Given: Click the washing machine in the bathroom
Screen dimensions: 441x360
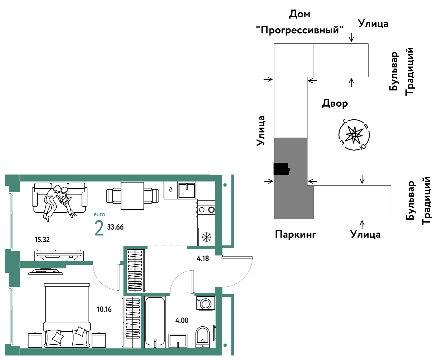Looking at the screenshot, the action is (205, 303).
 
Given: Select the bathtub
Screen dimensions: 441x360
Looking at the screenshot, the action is (155, 322).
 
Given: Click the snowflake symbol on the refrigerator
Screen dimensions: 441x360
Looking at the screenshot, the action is (206, 237).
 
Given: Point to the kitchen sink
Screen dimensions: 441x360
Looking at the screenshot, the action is (186, 190).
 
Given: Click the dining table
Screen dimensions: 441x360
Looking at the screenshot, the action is (132, 196).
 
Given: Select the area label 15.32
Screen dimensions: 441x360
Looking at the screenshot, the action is (42, 240).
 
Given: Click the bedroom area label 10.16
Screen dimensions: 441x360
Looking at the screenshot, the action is (104, 309).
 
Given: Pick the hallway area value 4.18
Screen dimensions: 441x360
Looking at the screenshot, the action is (203, 258).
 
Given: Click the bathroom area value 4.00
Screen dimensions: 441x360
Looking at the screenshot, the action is (182, 320).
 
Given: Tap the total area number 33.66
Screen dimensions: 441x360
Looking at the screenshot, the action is (115, 227).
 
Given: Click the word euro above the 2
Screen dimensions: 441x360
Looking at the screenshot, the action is (99, 214).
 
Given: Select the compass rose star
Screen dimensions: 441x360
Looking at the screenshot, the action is (354, 135).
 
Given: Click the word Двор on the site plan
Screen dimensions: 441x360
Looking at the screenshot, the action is (335, 103).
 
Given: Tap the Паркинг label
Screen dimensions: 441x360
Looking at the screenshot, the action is (295, 234).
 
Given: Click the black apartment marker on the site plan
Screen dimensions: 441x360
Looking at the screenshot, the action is (282, 169).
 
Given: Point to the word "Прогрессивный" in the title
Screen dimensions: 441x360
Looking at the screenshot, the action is (300, 30).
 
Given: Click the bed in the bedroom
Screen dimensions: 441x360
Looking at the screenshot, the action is (67, 315).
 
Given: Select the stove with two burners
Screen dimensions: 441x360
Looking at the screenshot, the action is (206, 209).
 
